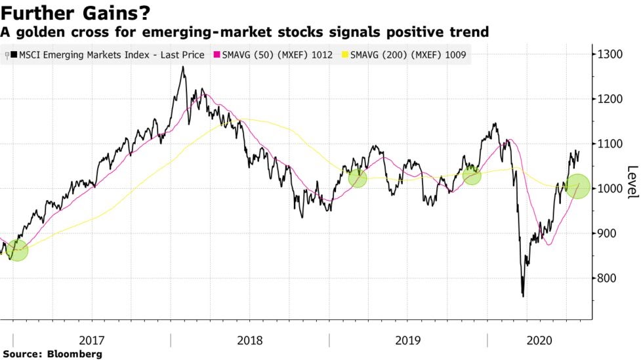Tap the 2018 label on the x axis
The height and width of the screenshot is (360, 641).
(250, 340)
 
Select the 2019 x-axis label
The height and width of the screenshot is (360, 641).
(408, 340)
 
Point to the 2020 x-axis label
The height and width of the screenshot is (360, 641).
(539, 340)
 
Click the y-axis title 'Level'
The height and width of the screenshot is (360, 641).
(631, 182)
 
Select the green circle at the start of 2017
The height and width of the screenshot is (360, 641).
(18, 250)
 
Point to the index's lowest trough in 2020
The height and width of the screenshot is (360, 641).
(523, 296)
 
